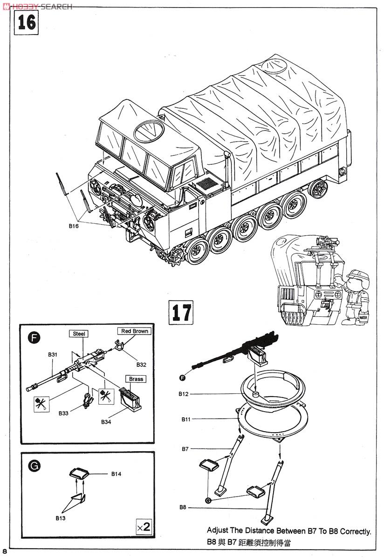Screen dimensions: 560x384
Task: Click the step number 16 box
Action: point(26,22)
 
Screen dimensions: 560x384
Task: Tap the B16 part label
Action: point(74,226)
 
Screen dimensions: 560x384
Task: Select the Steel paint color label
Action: point(79,334)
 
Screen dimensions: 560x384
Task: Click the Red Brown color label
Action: point(134,331)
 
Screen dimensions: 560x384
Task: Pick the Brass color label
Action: point(136,379)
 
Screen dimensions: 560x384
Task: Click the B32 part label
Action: point(141,364)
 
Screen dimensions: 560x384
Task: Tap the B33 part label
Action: point(64,413)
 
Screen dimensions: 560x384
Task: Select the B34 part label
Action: point(106,422)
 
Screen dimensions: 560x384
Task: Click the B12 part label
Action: point(184,394)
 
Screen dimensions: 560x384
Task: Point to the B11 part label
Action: point(186,420)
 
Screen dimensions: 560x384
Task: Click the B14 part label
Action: point(116,474)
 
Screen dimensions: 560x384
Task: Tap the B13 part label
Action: point(61,518)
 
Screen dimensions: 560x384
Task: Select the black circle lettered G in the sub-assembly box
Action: point(34,465)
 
